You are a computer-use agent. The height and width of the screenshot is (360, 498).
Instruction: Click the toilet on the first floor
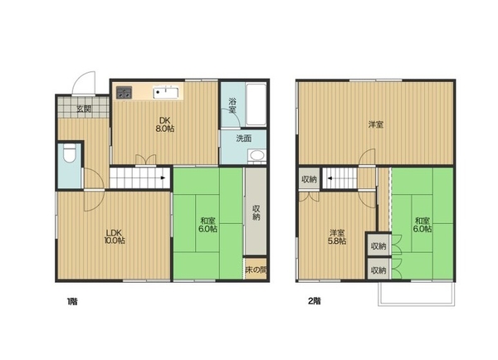tap(70, 153)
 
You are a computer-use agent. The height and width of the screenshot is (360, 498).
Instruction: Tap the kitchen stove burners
tap(124, 93)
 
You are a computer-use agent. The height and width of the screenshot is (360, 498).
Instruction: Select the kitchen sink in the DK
tap(166, 93)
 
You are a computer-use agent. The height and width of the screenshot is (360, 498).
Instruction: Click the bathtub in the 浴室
tap(256, 105)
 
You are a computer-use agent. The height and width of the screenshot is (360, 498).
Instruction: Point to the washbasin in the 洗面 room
tap(256, 156)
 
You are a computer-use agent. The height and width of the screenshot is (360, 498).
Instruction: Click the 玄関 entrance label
tap(84, 109)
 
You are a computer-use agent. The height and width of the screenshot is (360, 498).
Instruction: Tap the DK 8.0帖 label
tap(165, 124)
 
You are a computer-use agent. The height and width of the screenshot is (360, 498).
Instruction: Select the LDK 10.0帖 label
tap(115, 236)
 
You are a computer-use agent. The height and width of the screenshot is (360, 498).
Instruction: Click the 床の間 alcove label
tap(256, 270)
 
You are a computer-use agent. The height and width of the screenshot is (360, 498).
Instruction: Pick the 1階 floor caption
tap(72, 301)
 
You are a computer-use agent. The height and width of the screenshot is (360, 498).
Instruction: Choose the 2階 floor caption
tap(315, 301)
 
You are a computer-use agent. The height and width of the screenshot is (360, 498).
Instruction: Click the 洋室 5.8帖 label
tap(337, 237)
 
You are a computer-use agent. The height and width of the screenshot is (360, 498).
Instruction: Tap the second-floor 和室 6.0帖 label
tap(422, 225)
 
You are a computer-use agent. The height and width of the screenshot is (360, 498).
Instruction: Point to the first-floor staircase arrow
tap(163, 178)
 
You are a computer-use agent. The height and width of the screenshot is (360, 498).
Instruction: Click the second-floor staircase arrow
tap(329, 178)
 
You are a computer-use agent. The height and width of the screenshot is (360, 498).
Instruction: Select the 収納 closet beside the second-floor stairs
tap(309, 179)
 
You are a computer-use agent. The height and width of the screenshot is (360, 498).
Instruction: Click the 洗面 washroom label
tap(244, 139)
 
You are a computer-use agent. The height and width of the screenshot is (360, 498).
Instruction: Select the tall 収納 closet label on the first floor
tap(256, 212)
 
